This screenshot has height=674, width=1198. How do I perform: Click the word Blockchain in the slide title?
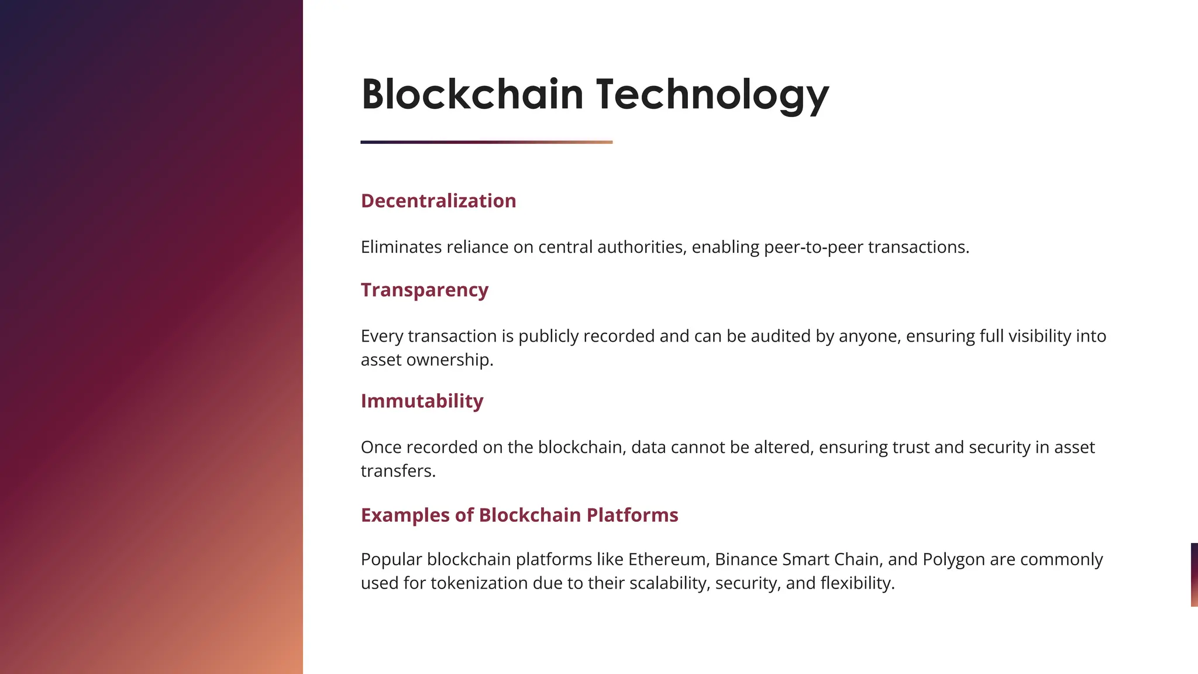pyautogui.click(x=472, y=94)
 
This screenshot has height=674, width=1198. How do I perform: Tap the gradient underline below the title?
pyautogui.click(x=486, y=142)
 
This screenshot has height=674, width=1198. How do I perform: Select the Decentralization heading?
pyautogui.click(x=438, y=201)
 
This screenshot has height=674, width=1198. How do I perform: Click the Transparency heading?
pyautogui.click(x=424, y=290)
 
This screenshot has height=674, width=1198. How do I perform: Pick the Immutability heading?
pyautogui.click(x=422, y=401)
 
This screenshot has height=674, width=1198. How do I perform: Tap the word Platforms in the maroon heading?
pyautogui.click(x=632, y=515)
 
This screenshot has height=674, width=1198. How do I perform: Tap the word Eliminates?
pyautogui.click(x=401, y=247)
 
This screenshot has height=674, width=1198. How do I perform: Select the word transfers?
pyautogui.click(x=398, y=471)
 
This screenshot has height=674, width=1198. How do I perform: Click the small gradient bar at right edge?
pyautogui.click(x=1194, y=575)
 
